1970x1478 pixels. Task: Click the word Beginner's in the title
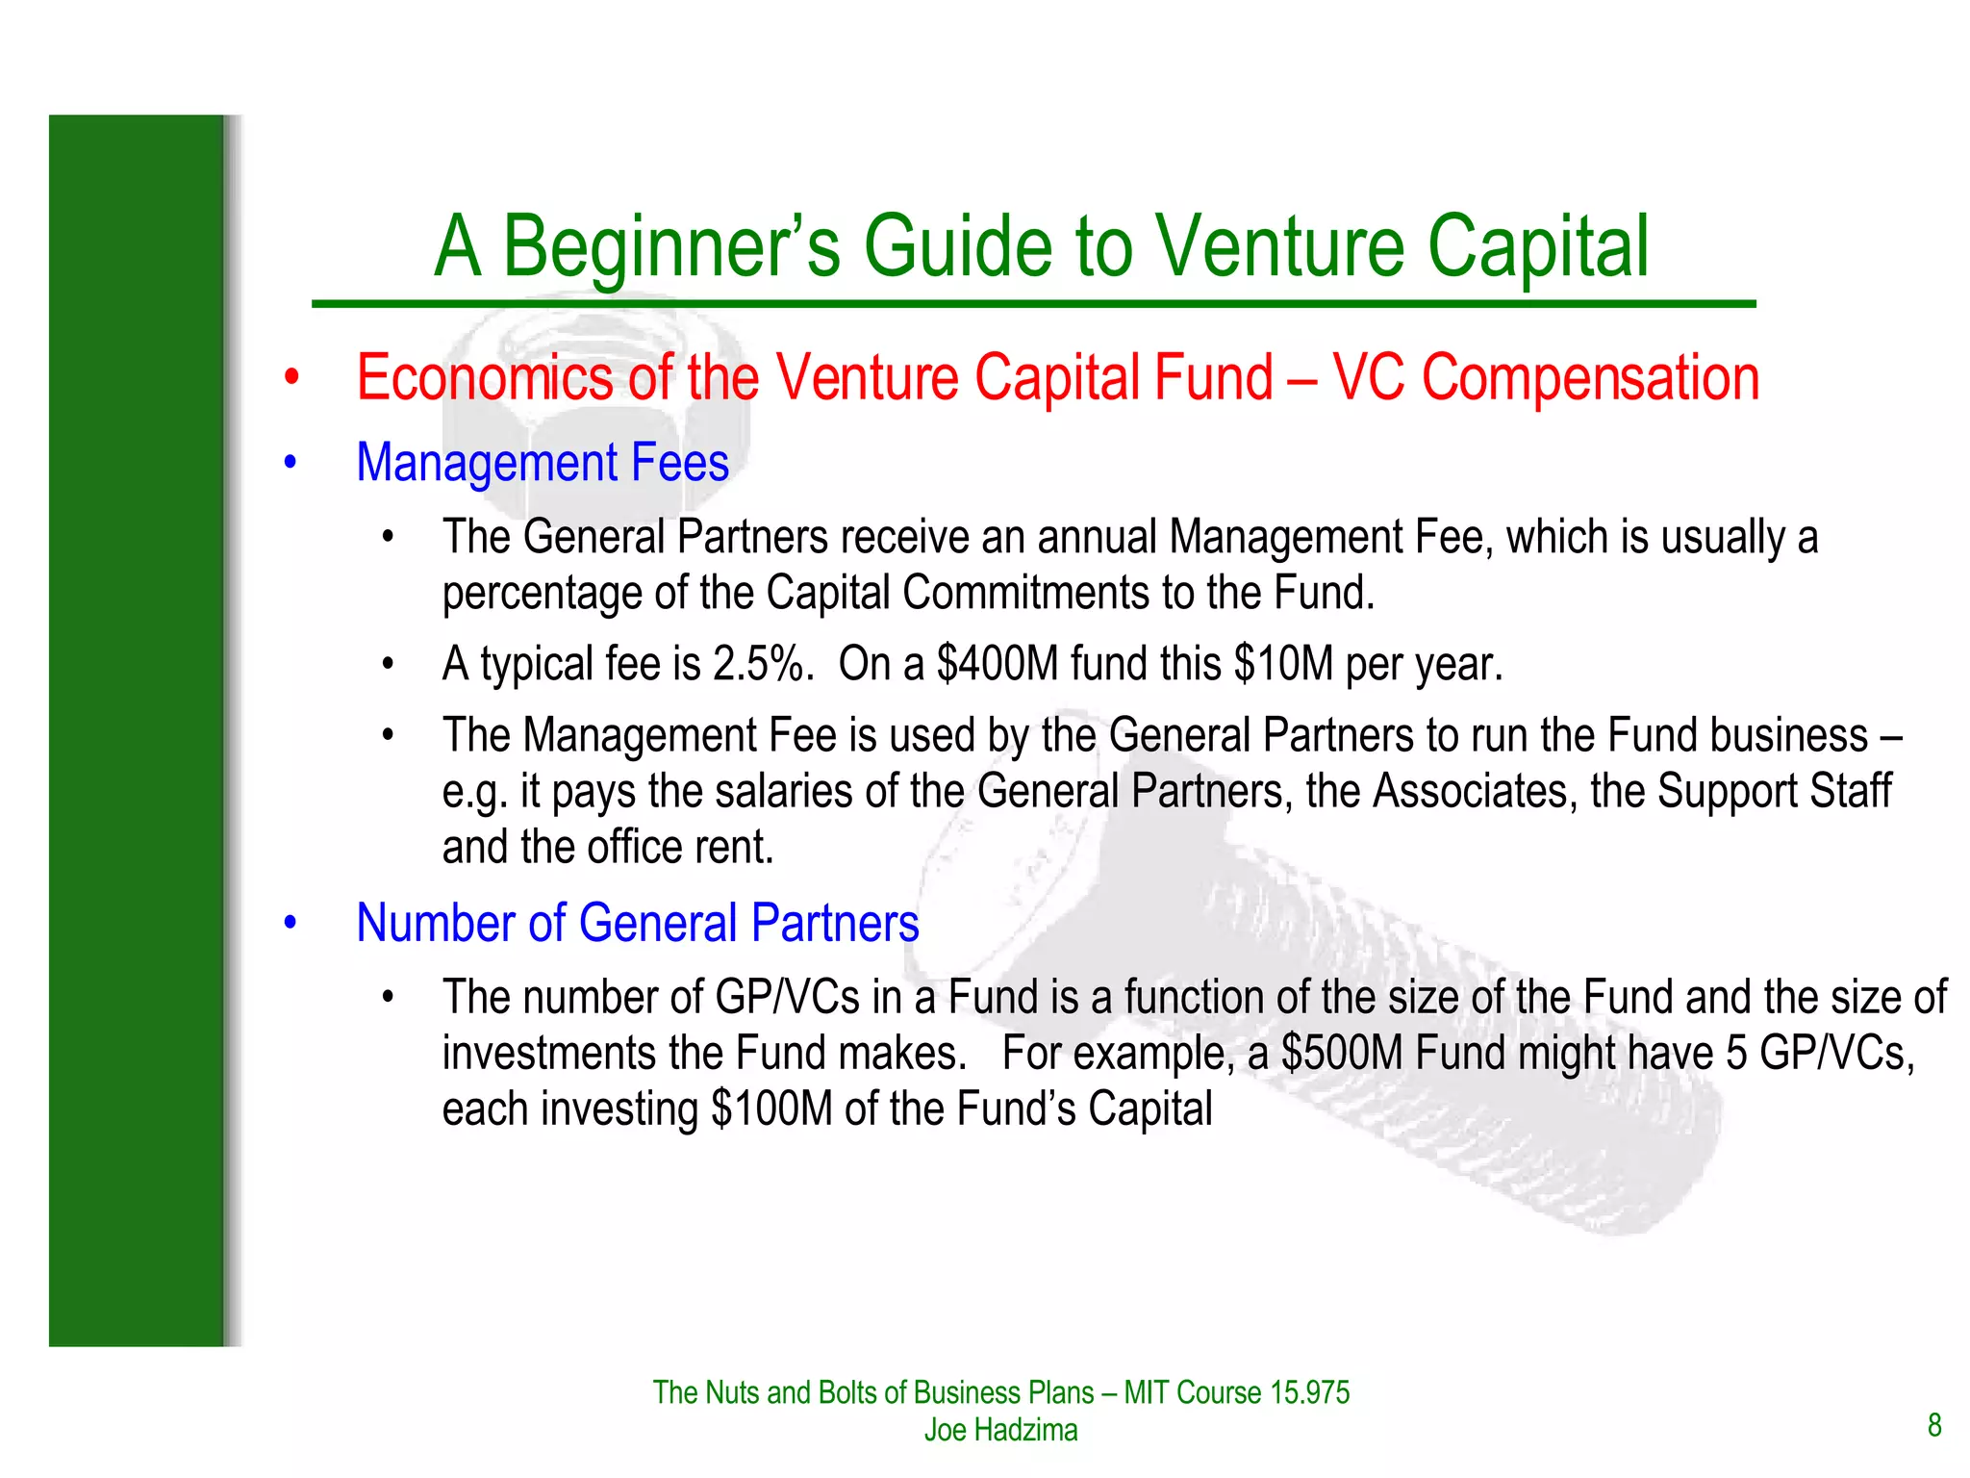point(670,247)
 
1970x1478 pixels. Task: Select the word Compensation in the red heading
point(1590,377)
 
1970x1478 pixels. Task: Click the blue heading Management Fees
point(543,463)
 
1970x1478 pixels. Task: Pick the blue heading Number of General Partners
point(637,923)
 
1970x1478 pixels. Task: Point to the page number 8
point(1934,1425)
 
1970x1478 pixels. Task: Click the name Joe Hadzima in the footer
point(1000,1430)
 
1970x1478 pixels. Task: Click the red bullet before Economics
point(291,378)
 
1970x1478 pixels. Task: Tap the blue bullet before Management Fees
point(291,464)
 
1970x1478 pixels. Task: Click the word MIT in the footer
point(1146,1392)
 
